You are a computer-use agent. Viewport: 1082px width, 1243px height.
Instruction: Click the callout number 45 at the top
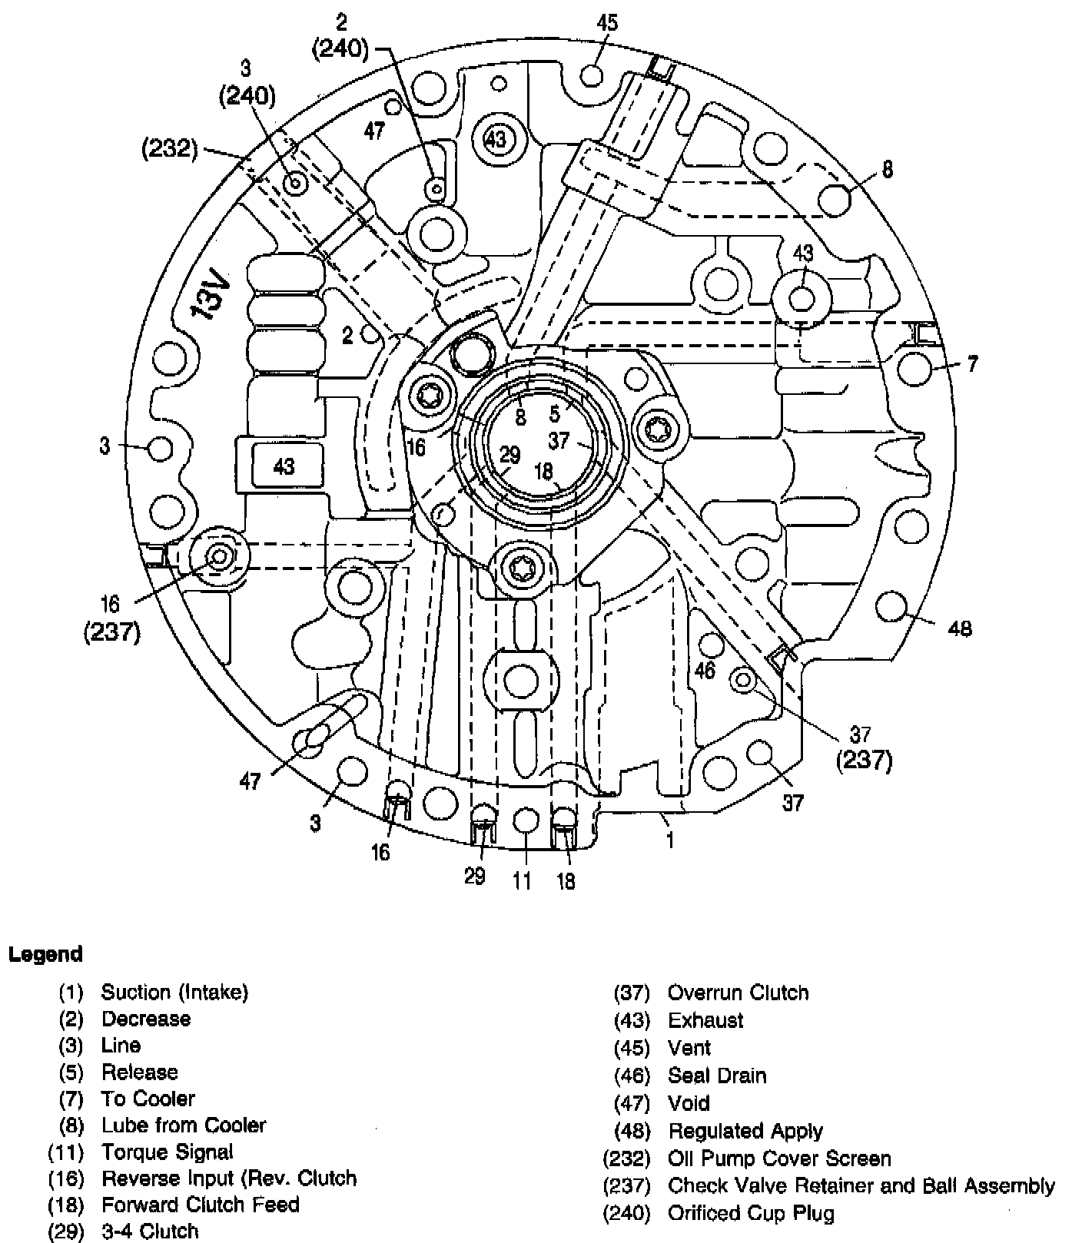pyautogui.click(x=607, y=22)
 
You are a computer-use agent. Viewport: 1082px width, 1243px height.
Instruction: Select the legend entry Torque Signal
pyautogui.click(x=167, y=1152)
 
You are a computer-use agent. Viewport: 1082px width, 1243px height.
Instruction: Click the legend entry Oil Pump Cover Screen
pyautogui.click(x=779, y=1158)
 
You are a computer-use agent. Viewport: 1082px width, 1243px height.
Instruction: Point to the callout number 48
pyautogui.click(x=960, y=629)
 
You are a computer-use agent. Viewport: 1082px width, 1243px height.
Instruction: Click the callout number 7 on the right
pyautogui.click(x=972, y=363)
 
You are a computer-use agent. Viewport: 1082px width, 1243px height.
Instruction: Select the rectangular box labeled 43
pyautogui.click(x=284, y=466)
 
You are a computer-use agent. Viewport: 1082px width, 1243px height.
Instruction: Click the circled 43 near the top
pyautogui.click(x=496, y=139)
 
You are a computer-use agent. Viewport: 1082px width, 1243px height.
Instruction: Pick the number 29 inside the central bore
pyautogui.click(x=509, y=456)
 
